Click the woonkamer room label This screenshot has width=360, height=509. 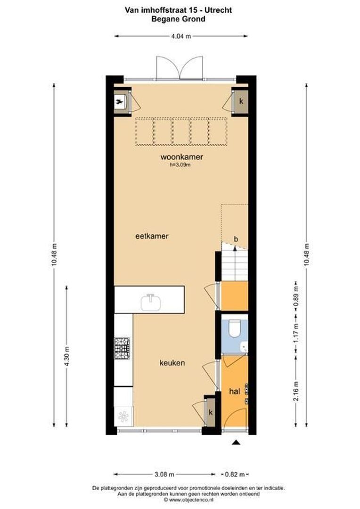tap(178, 157)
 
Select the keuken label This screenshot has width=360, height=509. tap(172, 363)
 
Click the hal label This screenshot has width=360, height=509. tap(234, 391)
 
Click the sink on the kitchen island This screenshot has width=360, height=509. tap(151, 302)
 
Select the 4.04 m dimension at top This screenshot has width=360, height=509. tap(181, 36)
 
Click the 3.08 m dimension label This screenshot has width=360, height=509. tap(164, 474)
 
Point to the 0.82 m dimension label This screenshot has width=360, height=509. tap(234, 474)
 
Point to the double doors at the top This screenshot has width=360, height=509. tap(180, 67)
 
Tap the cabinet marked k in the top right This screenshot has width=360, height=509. tap(240, 101)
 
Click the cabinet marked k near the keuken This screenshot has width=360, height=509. tap(210, 412)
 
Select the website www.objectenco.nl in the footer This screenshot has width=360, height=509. tap(191, 500)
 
